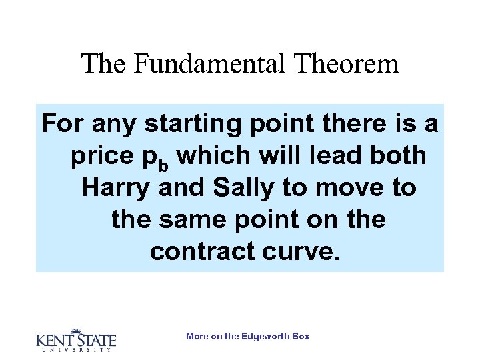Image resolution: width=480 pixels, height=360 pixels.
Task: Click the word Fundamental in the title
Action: [x=209, y=64]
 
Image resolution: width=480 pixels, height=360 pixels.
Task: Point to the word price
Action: [x=101, y=156]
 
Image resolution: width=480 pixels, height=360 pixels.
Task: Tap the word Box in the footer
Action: [x=301, y=337]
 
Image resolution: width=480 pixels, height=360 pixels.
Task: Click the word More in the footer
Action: [x=197, y=337]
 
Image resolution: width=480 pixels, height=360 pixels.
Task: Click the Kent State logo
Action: [x=76, y=339]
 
